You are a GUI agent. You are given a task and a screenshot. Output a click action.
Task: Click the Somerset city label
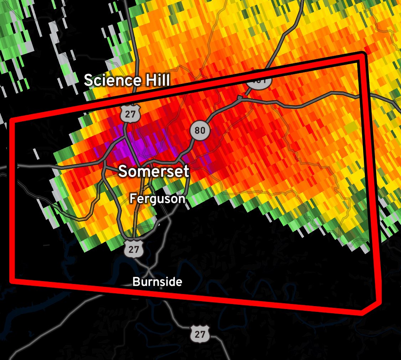click(153, 172)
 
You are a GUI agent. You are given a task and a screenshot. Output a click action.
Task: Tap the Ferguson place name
click(157, 198)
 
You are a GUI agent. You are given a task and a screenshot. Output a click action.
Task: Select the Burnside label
click(157, 282)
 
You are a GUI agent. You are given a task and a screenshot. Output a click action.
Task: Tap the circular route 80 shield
click(200, 131)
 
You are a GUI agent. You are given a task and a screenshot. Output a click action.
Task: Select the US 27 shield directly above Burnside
click(134, 249)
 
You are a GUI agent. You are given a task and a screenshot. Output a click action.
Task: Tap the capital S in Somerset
click(123, 172)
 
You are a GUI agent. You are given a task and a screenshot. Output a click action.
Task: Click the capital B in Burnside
click(135, 282)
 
